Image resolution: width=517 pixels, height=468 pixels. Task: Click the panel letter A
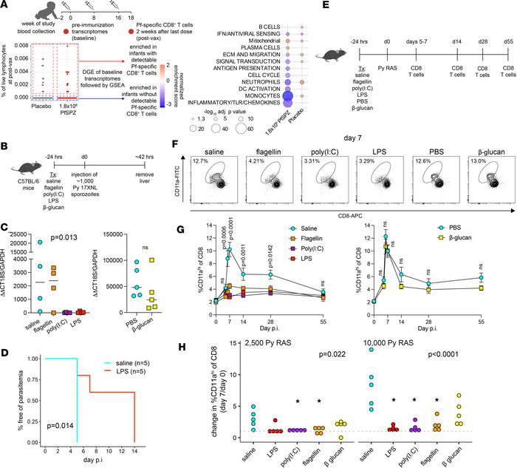(5, 6)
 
